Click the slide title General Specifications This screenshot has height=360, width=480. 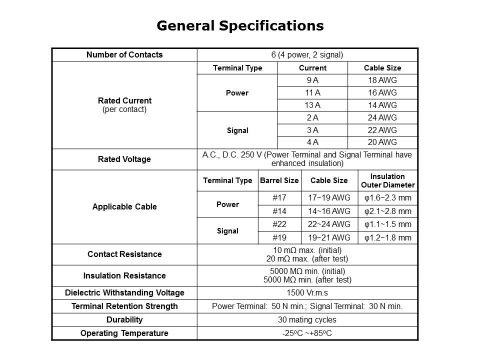(x=240, y=26)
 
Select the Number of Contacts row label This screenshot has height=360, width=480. (x=124, y=55)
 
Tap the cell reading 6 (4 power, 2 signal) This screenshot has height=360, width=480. (x=307, y=55)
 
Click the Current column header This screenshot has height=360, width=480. (x=312, y=68)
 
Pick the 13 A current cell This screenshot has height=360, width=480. (x=312, y=105)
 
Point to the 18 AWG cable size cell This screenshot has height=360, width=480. (x=382, y=80)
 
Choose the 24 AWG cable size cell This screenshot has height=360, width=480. (x=382, y=117)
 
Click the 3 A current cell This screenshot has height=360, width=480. (x=312, y=130)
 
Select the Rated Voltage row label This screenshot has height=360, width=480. (x=124, y=159)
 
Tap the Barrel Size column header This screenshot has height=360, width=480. (x=279, y=180)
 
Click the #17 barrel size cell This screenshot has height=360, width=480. (x=279, y=198)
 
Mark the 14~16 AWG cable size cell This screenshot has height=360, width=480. (x=329, y=211)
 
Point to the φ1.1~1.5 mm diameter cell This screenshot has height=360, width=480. (x=387, y=224)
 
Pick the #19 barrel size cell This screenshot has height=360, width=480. (x=279, y=237)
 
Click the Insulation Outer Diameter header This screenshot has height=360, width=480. (x=387, y=180)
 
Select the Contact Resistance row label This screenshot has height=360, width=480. (x=124, y=254)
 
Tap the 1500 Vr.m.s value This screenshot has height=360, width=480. (x=307, y=292)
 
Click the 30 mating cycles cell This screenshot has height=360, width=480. (x=307, y=319)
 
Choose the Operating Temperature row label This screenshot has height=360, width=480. (x=124, y=333)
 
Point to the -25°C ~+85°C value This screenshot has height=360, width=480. (x=307, y=333)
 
